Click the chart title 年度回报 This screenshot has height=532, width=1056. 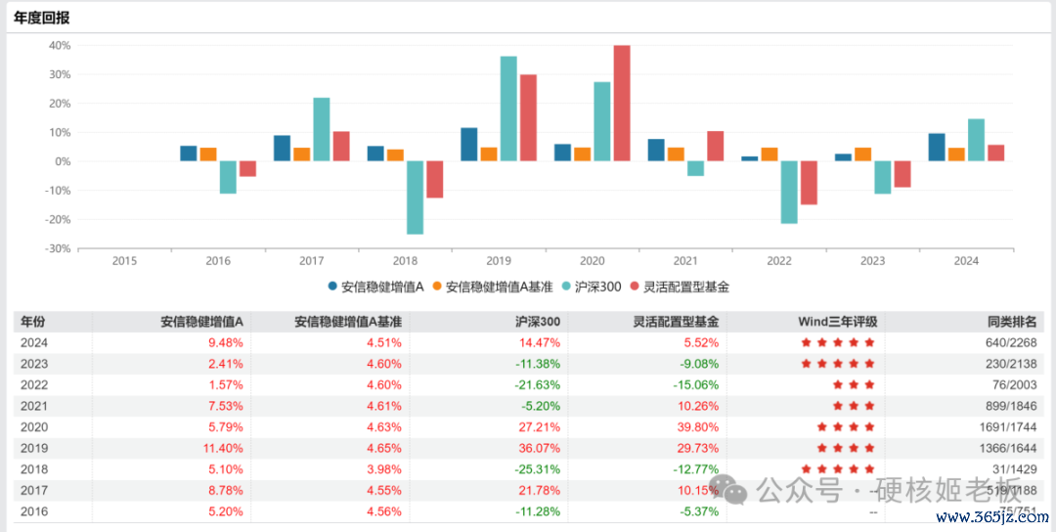(42, 18)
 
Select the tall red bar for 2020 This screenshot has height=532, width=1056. (622, 103)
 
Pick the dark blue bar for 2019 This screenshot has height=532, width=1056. (469, 145)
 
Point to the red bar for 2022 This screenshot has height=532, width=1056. (809, 183)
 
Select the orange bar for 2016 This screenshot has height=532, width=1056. (208, 155)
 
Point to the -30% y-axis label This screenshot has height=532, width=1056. (58, 248)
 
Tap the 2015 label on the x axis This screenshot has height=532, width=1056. (124, 261)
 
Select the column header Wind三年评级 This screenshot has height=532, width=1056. (838, 322)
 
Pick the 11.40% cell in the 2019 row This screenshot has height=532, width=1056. (224, 448)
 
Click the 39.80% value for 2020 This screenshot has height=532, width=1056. (698, 427)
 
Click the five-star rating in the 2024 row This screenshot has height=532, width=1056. (838, 343)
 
